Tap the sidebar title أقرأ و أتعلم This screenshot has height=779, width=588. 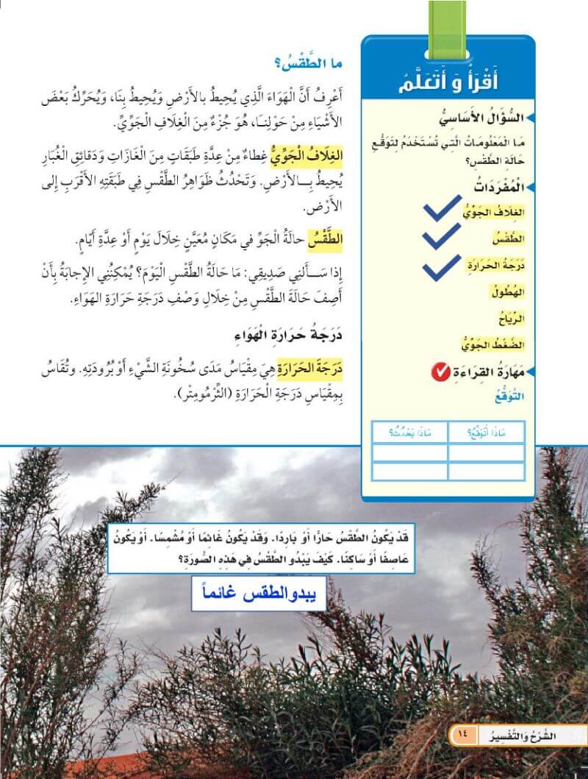(x=448, y=76)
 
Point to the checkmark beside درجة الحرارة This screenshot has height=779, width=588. (x=445, y=267)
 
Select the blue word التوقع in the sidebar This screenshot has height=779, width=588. (x=508, y=398)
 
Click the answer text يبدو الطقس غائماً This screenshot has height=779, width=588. (x=259, y=594)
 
